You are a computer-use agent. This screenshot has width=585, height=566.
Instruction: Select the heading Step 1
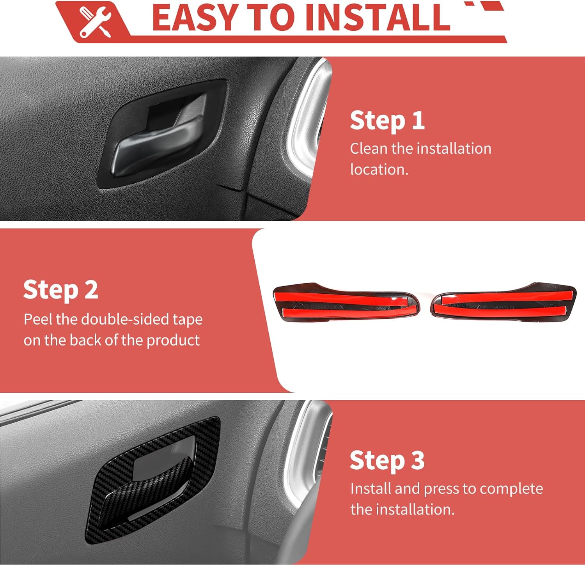pos(387,121)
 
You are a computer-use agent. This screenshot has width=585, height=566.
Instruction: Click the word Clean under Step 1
pos(369,149)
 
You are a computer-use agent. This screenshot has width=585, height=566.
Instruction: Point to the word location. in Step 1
pos(379,170)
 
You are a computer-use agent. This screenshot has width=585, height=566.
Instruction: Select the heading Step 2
pos(60,290)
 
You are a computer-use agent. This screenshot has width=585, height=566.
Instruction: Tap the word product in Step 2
pos(173,341)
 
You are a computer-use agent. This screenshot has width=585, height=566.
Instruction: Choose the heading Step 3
pos(387,461)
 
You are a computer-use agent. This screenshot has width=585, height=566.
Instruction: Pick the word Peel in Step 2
pos(38,319)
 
